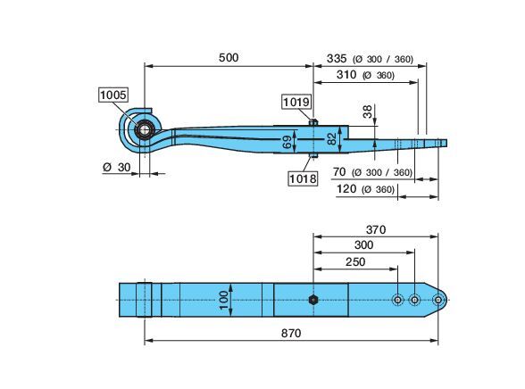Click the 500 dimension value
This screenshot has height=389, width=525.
pyautogui.click(x=229, y=57)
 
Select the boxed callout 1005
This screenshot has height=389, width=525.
pyautogui.click(x=113, y=95)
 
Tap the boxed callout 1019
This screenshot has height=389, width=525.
pyautogui.click(x=296, y=102)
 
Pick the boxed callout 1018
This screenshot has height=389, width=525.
pyautogui.click(x=303, y=178)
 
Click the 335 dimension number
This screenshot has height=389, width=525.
pyautogui.click(x=337, y=59)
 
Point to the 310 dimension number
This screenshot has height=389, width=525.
pyautogui.click(x=346, y=75)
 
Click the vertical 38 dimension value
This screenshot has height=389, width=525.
pyautogui.click(x=367, y=112)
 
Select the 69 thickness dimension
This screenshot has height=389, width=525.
pyautogui.click(x=287, y=142)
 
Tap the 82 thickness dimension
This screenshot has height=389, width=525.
pyautogui.click(x=331, y=139)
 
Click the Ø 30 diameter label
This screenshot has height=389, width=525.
pyautogui.click(x=116, y=167)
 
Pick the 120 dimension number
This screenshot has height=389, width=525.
pyautogui.click(x=346, y=189)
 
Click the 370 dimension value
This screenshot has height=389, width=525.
pyautogui.click(x=376, y=230)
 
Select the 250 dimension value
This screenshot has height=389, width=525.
pyautogui.click(x=355, y=262)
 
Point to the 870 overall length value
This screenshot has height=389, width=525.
pyautogui.click(x=291, y=333)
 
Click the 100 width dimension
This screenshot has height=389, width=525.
pyautogui.click(x=224, y=300)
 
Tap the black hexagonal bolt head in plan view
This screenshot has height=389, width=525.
pyautogui.click(x=313, y=300)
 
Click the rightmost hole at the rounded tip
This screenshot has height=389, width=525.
pyautogui.click(x=438, y=300)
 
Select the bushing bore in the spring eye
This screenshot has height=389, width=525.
pyautogui.click(x=145, y=130)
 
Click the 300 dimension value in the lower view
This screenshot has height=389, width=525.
pyautogui.click(x=363, y=245)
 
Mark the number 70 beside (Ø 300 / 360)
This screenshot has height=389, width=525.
pyautogui.click(x=339, y=172)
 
